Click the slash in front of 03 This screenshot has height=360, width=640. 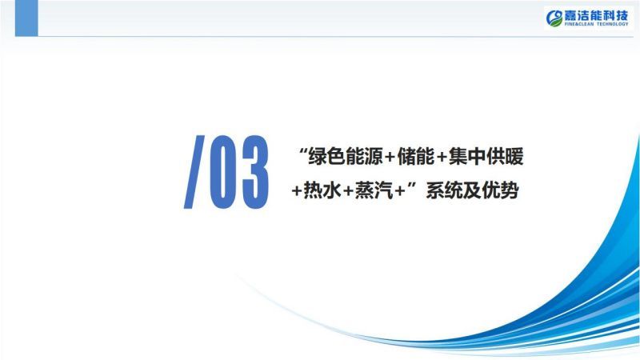(194, 172)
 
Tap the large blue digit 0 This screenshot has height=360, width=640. (223, 172)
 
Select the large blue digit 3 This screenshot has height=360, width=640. (255, 172)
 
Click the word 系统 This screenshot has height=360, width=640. (444, 190)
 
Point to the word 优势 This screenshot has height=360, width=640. (501, 190)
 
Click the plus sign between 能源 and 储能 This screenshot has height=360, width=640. (390, 158)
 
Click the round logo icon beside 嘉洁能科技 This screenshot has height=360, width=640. (554, 18)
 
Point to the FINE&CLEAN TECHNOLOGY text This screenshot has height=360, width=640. (596, 24)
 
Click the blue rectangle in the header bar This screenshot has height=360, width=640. (26, 18)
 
